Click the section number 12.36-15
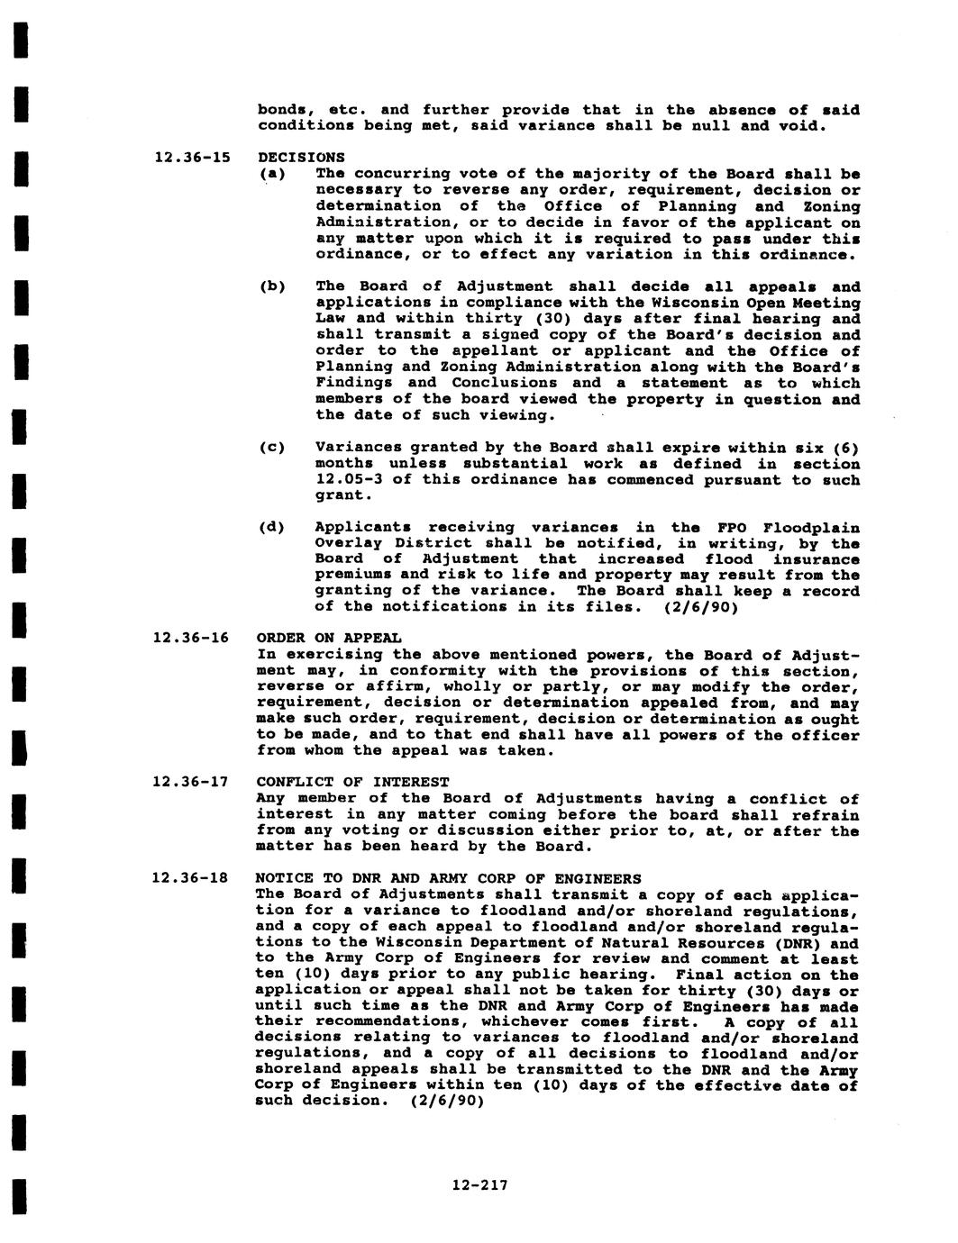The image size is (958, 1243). [192, 158]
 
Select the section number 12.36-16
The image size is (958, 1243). [192, 639]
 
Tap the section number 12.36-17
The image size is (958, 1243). [192, 782]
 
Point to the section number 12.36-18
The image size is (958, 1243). [192, 878]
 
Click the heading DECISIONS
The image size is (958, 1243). [301, 158]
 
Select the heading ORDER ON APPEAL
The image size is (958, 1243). [329, 639]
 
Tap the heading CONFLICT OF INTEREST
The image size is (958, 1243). [352, 782]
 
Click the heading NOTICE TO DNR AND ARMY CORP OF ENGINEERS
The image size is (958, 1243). [449, 878]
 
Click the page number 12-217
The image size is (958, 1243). [479, 1185]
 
